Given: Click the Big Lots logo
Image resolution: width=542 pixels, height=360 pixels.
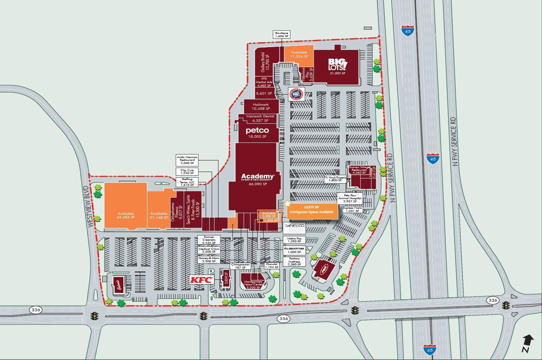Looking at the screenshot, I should (x=338, y=63).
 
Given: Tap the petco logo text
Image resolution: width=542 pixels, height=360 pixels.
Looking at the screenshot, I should (x=257, y=131).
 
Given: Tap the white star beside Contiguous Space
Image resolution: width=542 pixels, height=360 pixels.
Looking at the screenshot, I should (x=287, y=204).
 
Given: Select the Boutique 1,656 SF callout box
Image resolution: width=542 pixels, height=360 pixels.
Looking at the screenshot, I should (x=282, y=34).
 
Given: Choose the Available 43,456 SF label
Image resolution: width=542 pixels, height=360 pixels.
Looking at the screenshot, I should (x=125, y=216).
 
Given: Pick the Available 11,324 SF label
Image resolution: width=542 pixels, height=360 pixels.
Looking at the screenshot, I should (x=299, y=54).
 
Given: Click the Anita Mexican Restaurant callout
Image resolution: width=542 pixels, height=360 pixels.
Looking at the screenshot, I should (x=187, y=160).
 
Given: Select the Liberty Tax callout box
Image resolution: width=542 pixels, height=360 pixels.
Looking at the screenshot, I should (x=294, y=250).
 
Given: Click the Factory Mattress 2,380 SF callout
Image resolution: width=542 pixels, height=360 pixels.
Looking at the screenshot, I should (x=294, y=261).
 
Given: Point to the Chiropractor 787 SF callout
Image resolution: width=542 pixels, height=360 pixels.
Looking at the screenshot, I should (x=240, y=266).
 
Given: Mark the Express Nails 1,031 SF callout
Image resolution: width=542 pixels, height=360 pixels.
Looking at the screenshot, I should (x=352, y=209).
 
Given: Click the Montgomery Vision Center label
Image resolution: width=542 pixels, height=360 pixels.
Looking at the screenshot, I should (x=253, y=284).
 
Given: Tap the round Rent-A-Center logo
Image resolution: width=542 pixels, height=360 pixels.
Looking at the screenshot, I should (x=296, y=95).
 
